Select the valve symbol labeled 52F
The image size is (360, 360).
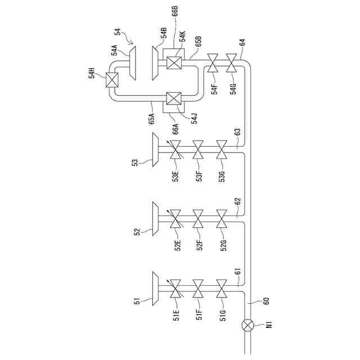[x=199, y=218]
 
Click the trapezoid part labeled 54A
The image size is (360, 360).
[x=133, y=61]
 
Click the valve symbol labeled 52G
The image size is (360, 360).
[x=223, y=218]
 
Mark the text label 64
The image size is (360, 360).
[x=242, y=42]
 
